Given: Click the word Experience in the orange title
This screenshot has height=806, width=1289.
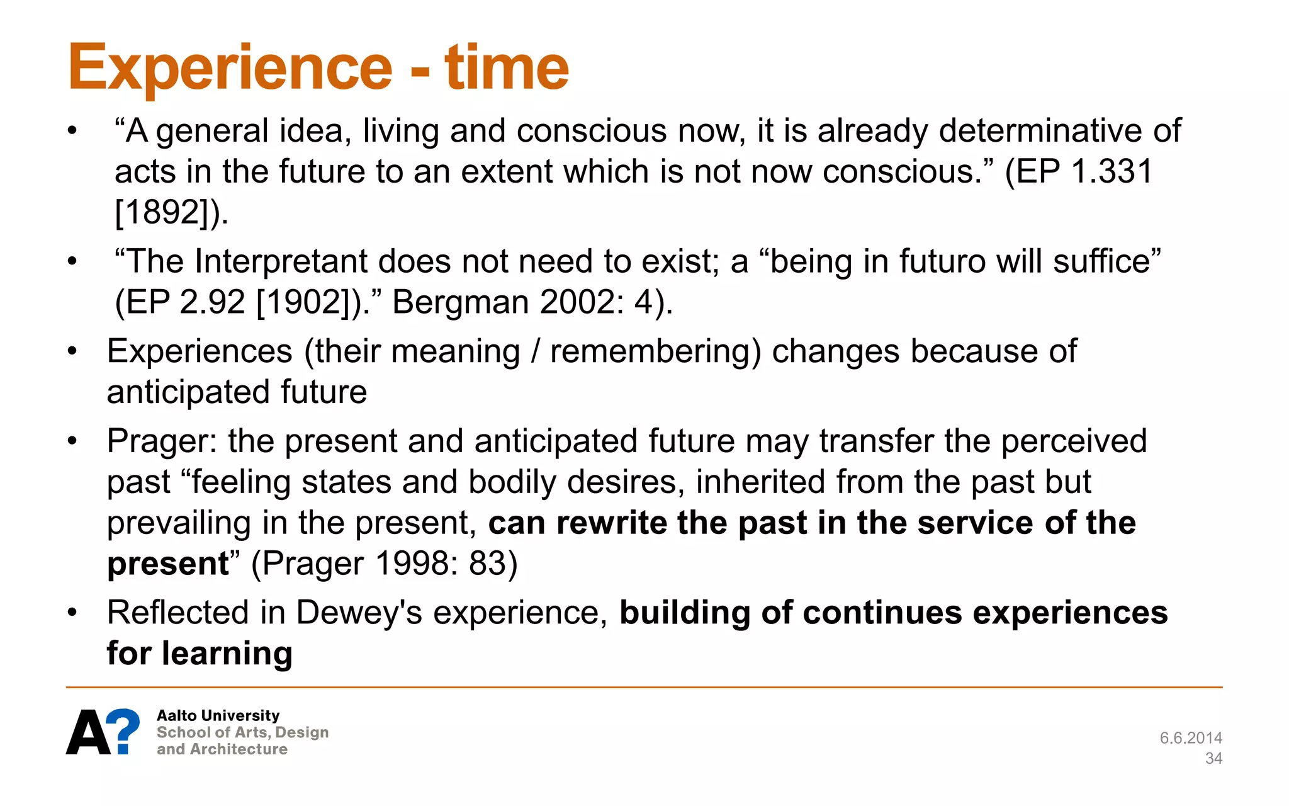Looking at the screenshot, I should pos(230,68).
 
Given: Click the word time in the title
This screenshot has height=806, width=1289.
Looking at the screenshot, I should pos(506,68).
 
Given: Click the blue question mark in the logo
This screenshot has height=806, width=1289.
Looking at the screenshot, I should pos(123,730).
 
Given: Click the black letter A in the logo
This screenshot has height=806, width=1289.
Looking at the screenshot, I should pos(88,733).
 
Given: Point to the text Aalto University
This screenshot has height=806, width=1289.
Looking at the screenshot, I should pos(218,715).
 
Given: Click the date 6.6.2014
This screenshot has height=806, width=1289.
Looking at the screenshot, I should pos(1190,738).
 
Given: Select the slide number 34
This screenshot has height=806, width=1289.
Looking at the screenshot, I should pos(1213,758).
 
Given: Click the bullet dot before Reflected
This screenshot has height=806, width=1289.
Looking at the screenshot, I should pos(72,613).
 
